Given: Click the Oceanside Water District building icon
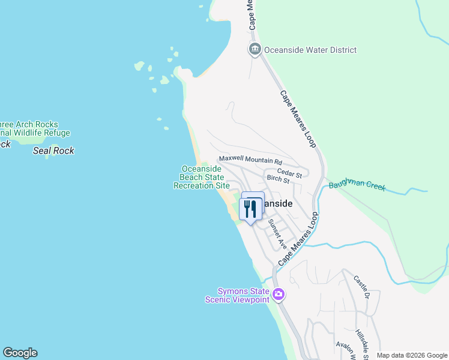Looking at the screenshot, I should click(x=255, y=50).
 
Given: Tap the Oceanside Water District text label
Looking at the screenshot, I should click(x=310, y=50).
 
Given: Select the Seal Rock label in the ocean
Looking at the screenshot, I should click(x=53, y=151).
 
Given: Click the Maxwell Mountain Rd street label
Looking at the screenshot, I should click(x=250, y=161).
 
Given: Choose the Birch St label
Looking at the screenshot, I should click(x=278, y=179).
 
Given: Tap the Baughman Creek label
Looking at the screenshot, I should click(x=357, y=185).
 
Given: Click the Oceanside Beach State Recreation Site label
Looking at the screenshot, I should click(x=202, y=178).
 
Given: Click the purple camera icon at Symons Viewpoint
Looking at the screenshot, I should click(x=278, y=294).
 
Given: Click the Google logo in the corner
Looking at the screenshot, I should click(x=20, y=353).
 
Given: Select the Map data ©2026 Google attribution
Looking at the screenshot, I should click(x=412, y=355).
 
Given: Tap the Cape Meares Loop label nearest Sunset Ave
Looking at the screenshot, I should click(x=297, y=239).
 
